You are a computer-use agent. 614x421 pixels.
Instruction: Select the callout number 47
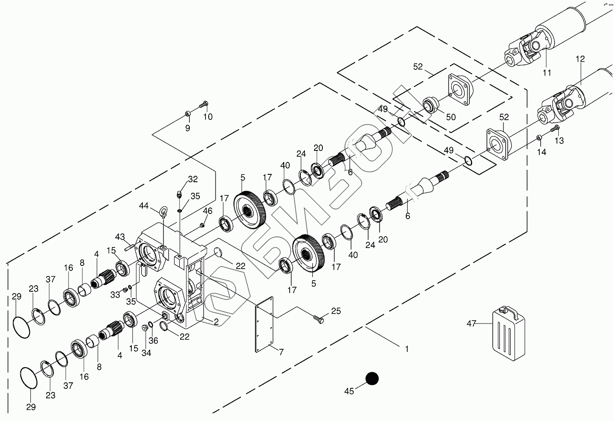[x=471, y=323]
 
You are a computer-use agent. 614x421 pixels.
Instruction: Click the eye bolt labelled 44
[x=163, y=213]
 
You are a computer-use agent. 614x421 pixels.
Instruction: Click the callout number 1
[x=407, y=349]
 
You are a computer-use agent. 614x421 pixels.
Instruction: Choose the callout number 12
[x=580, y=59]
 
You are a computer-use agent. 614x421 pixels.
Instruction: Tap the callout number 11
[x=547, y=73]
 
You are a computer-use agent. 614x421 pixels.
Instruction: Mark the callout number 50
[x=450, y=117]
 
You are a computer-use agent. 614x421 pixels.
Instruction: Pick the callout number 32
[x=193, y=179]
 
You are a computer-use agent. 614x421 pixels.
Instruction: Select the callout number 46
[x=208, y=211]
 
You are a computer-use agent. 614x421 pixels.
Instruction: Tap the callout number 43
[x=120, y=236]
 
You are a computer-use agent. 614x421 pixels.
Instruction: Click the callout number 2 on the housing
[x=216, y=322]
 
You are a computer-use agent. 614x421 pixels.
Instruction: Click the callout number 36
[x=153, y=340]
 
